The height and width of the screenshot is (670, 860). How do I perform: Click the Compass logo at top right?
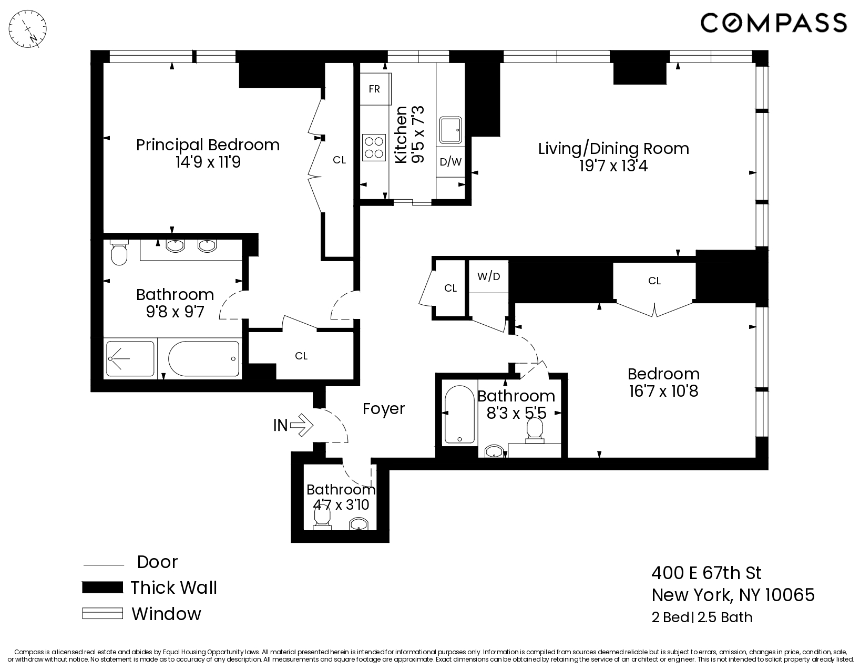(x=773, y=23)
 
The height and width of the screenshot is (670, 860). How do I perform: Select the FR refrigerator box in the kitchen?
(x=374, y=89)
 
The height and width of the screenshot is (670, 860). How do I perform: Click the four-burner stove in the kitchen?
(x=373, y=147)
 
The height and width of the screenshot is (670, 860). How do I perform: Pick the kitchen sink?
(x=451, y=130)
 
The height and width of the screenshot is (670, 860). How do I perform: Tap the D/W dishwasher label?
(x=450, y=162)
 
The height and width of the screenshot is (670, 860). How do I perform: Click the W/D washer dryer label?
(x=488, y=276)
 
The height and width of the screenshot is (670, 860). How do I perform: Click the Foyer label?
(x=384, y=409)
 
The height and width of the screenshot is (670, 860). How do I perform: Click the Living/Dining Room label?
(x=613, y=148)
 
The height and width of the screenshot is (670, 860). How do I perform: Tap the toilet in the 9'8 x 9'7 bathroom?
(x=119, y=253)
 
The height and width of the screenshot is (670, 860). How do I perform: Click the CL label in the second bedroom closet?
(x=654, y=281)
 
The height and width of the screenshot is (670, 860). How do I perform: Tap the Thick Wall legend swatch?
(x=103, y=587)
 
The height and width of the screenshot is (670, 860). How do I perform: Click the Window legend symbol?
(x=103, y=613)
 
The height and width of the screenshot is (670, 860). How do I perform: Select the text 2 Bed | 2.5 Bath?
(x=702, y=617)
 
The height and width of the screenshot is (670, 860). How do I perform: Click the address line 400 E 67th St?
(x=706, y=572)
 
